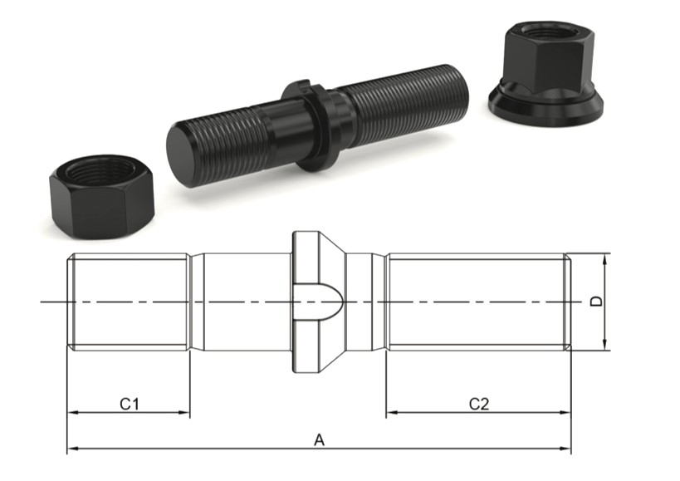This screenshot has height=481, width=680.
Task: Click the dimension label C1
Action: (x=128, y=404)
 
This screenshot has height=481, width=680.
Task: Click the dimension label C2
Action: (x=479, y=404)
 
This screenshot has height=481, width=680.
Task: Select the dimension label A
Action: (x=319, y=440)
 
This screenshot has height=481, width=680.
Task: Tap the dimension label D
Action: (x=595, y=302)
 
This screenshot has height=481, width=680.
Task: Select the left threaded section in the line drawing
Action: (x=129, y=302)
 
